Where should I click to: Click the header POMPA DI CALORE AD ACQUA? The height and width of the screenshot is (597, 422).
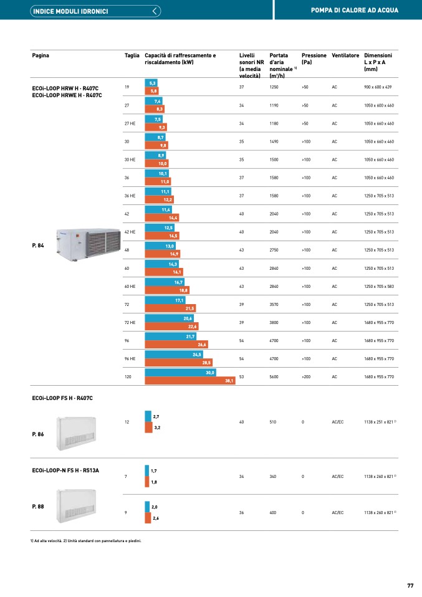(x=354, y=11)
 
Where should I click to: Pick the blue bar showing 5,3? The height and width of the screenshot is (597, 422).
(x=151, y=83)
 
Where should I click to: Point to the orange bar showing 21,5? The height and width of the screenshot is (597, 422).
(x=170, y=308)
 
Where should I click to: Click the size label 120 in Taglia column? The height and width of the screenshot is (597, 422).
(x=128, y=377)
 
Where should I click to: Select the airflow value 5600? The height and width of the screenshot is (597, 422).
(x=275, y=377)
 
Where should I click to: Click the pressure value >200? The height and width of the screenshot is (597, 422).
(x=306, y=377)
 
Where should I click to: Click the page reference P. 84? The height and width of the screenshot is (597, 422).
(x=37, y=246)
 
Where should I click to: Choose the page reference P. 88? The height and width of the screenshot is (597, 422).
(x=37, y=507)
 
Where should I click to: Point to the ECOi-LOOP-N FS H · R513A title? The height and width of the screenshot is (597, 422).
(x=65, y=470)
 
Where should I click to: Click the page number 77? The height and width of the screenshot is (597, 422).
(x=410, y=585)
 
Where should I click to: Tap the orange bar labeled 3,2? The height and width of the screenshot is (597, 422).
(x=148, y=427)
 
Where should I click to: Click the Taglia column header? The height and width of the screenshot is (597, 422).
(x=132, y=55)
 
